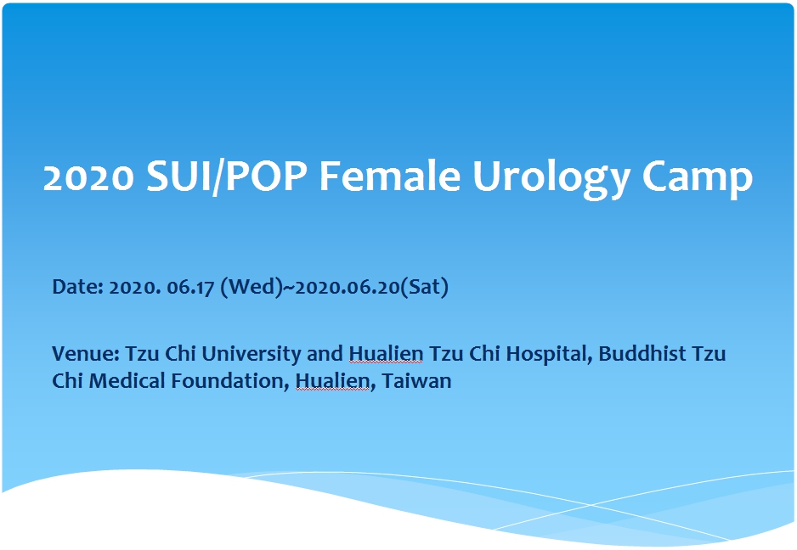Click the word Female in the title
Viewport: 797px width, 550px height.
[390, 177]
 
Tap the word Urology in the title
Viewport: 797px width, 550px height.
[551, 178]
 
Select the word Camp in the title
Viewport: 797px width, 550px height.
[697, 178]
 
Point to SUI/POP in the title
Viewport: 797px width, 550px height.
[227, 177]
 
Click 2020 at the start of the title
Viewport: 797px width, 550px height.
[89, 177]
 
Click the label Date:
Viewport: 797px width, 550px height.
[78, 287]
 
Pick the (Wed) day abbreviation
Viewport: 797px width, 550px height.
[252, 287]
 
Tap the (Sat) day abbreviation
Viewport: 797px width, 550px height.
[425, 287]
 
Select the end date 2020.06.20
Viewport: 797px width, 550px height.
[348, 288]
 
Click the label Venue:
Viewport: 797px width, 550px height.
[86, 354]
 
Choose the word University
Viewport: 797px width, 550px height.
[252, 355]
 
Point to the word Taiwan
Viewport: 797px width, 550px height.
[417, 381]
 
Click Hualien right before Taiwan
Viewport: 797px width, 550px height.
[332, 381]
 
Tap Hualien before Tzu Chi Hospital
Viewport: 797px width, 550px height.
[386, 354]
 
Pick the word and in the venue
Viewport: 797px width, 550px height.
[325, 354]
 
